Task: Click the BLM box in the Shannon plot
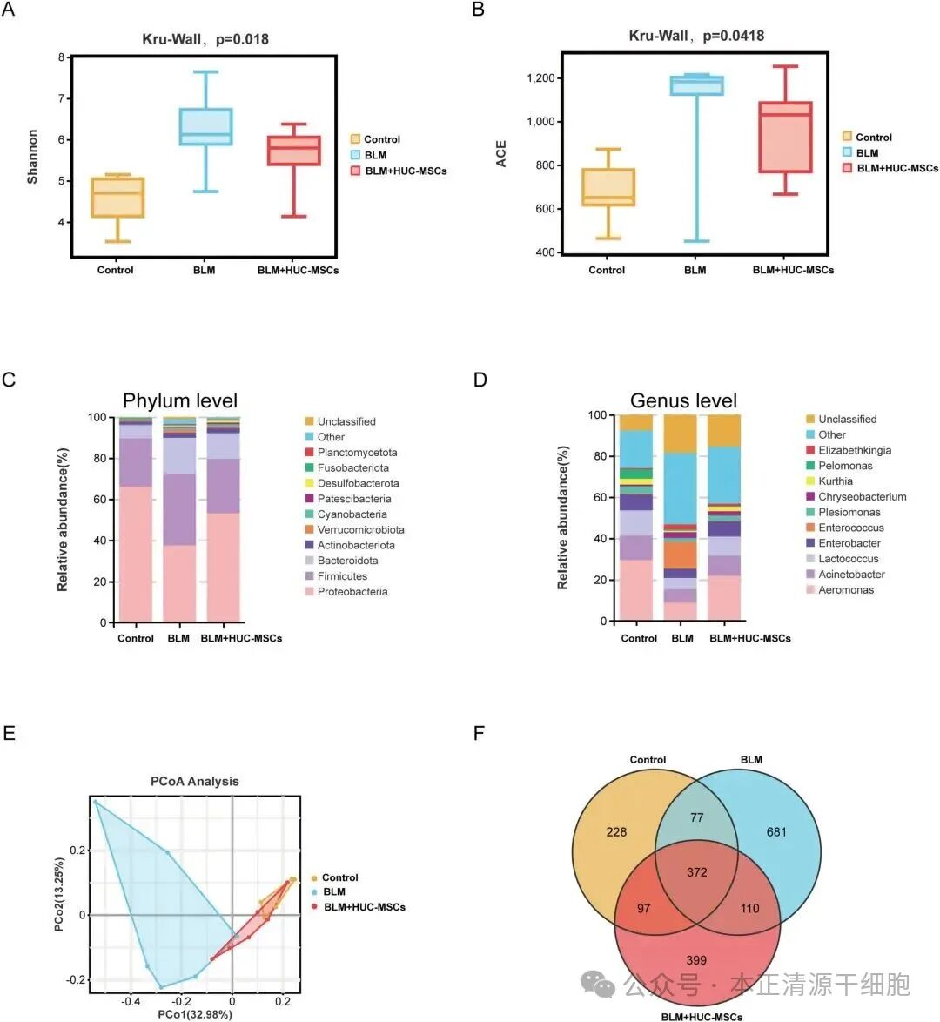pyautogui.click(x=205, y=127)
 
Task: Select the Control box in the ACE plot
pyautogui.click(x=608, y=187)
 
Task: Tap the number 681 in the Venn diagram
pyautogui.click(x=775, y=832)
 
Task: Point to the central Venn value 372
pyautogui.click(x=696, y=872)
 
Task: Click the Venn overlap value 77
pyautogui.click(x=696, y=817)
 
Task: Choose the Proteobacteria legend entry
pyautogui.click(x=352, y=592)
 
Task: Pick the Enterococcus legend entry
pyautogui.click(x=850, y=528)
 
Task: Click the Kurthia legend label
pyautogui.click(x=835, y=481)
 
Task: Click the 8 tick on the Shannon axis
pyautogui.click(x=62, y=57)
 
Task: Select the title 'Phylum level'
pyautogui.click(x=180, y=400)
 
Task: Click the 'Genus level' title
pyautogui.click(x=683, y=400)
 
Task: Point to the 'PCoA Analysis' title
pyautogui.click(x=194, y=781)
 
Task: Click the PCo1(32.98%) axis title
pyautogui.click(x=194, y=1015)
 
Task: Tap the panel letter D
pyautogui.click(x=480, y=380)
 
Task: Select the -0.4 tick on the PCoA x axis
pyautogui.click(x=131, y=1002)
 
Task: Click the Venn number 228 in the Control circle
pyautogui.click(x=616, y=832)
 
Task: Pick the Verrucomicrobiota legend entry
pyautogui.click(x=360, y=529)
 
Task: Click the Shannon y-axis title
pyautogui.click(x=33, y=157)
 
